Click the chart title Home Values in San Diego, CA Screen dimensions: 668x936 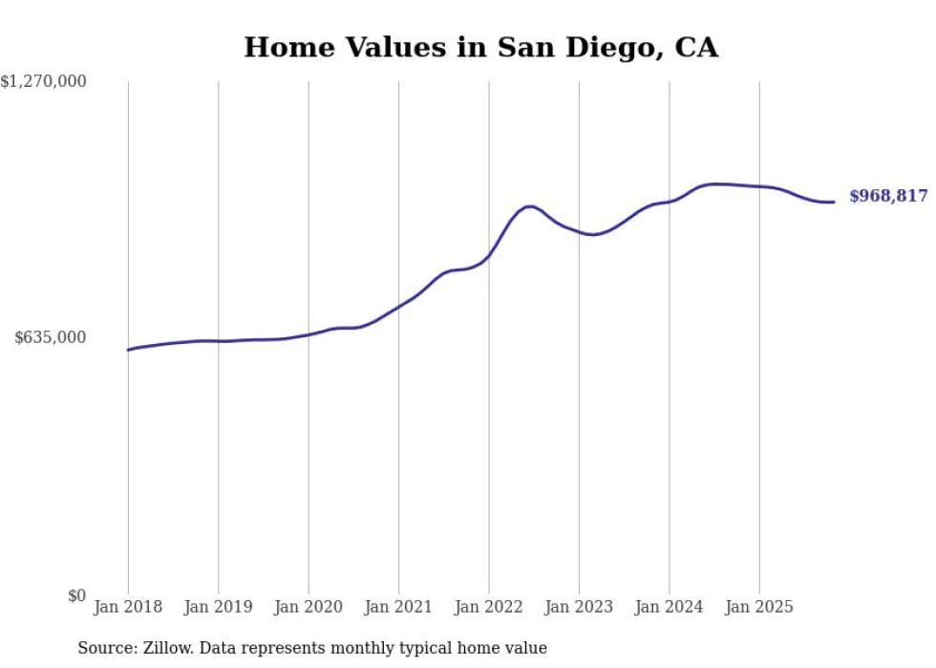(480, 47)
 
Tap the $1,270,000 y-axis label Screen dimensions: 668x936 (44, 82)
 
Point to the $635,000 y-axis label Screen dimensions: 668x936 (51, 337)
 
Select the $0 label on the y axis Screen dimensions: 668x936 (76, 595)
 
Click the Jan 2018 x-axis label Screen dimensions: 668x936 (128, 607)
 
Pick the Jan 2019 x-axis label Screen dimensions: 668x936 (218, 607)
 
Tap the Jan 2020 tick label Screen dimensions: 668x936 (308, 607)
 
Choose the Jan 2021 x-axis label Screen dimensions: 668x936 (398, 607)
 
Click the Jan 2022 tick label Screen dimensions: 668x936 (489, 607)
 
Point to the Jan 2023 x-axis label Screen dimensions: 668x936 (579, 607)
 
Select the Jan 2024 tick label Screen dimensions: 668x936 (670, 607)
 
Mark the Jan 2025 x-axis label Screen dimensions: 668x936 (759, 607)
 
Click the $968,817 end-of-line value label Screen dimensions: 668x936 (888, 196)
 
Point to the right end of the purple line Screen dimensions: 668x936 (834, 202)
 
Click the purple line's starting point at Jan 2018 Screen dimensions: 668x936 (128, 350)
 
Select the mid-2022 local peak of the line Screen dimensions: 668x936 (529, 206)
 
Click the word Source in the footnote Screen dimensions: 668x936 (104, 648)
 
